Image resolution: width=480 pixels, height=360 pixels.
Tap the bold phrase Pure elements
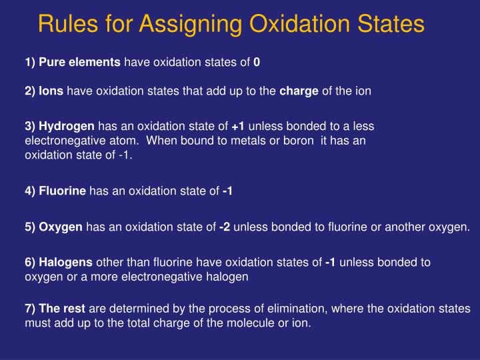coord(80,63)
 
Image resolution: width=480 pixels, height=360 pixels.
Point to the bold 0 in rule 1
coord(257,63)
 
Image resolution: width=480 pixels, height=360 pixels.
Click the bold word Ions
coord(51,91)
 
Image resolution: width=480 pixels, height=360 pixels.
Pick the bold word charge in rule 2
coord(299,91)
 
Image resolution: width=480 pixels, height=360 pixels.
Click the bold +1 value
coord(239,126)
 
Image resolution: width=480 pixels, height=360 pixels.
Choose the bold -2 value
coord(225,227)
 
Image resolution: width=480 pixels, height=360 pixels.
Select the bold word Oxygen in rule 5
coord(61,227)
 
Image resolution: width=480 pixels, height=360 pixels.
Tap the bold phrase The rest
coord(62,309)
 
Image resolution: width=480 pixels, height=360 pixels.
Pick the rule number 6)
coord(31,263)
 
